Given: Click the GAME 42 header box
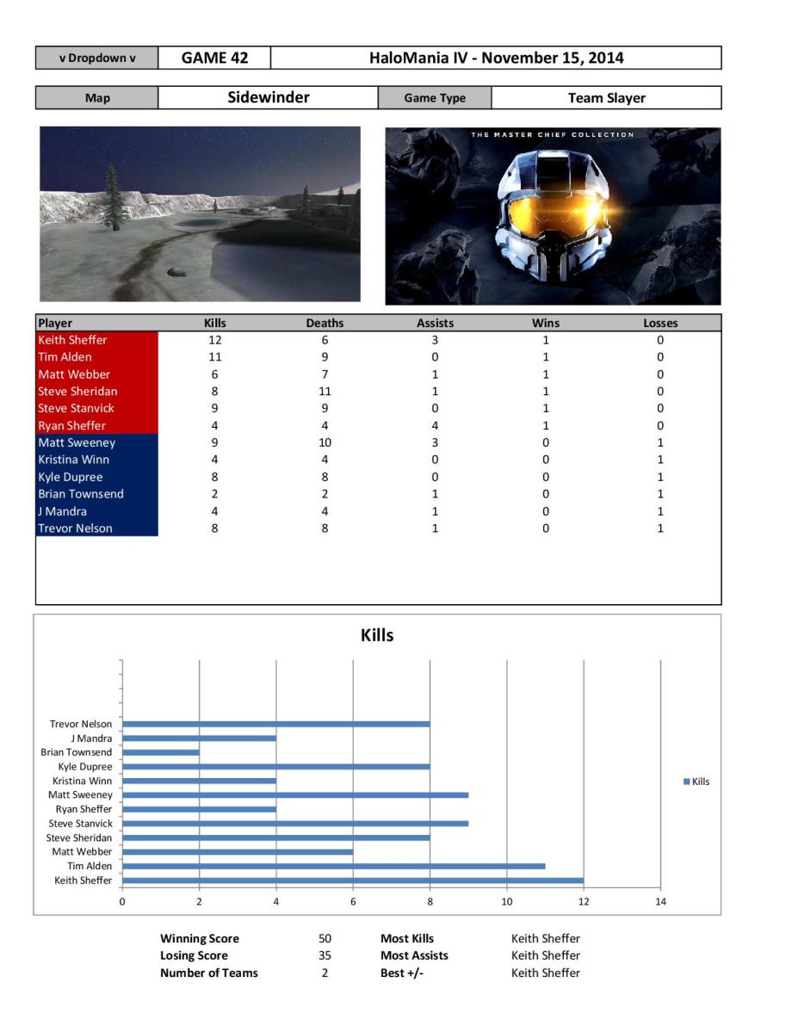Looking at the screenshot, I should [214, 59].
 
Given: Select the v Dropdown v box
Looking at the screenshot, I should [96, 59].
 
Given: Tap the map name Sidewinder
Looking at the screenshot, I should [268, 97].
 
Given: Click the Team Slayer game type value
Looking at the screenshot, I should [606, 98].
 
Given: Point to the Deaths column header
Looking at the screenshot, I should [325, 324].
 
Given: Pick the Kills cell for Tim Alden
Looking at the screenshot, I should [214, 357].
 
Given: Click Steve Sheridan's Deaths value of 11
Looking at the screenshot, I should [325, 392].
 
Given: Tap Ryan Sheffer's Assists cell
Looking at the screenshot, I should [435, 425].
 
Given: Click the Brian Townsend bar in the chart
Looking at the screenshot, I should [161, 752].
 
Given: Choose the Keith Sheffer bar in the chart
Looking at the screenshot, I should [353, 881].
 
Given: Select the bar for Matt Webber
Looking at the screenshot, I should [238, 852].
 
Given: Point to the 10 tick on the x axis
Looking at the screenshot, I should [507, 901].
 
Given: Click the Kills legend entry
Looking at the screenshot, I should [696, 782].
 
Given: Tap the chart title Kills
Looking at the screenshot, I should [377, 636].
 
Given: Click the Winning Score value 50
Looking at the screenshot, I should [325, 938].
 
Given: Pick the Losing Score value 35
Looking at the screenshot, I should [325, 955].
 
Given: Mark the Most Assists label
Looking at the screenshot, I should [414, 955].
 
